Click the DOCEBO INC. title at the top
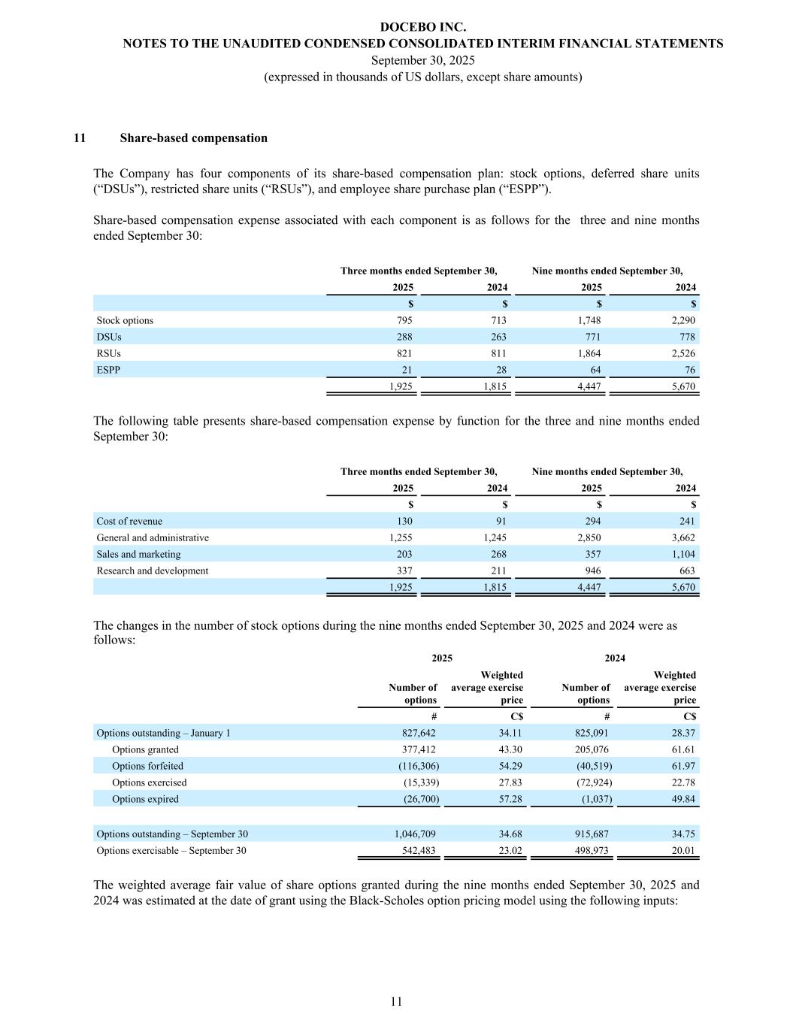pyautogui.click(x=422, y=27)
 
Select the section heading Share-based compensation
pyautogui.click(x=193, y=138)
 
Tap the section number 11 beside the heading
pyautogui.click(x=80, y=138)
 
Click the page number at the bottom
pyautogui.click(x=396, y=1001)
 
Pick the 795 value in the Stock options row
pyautogui.click(x=404, y=321)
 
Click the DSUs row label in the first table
pyautogui.click(x=109, y=337)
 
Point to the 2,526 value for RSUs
pyautogui.click(x=682, y=354)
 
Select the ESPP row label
pyautogui.click(x=108, y=371)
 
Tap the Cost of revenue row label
pyautogui.click(x=129, y=522)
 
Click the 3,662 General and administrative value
pyautogui.click(x=682, y=538)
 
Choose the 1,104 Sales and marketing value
pyautogui.click(x=682, y=555)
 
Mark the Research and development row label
pyautogui.click(x=153, y=571)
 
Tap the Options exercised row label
pyautogui.click(x=149, y=783)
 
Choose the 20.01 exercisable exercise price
pyautogui.click(x=683, y=851)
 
